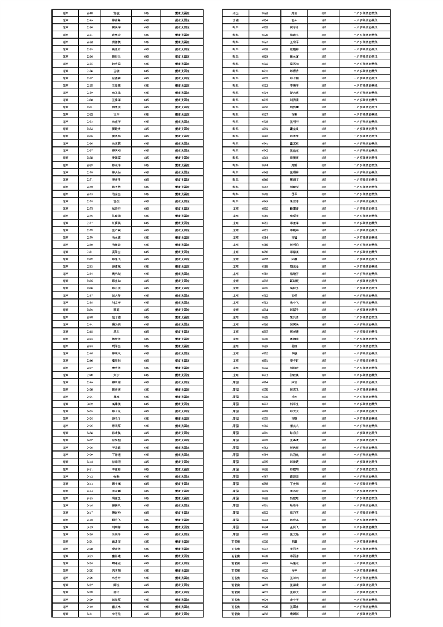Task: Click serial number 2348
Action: pos(90,12)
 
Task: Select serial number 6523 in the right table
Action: pos(265,12)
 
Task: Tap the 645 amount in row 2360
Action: pos(146,99)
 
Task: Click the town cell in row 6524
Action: pos(236,20)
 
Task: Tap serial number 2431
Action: pos(90,614)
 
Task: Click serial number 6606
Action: pos(265,614)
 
